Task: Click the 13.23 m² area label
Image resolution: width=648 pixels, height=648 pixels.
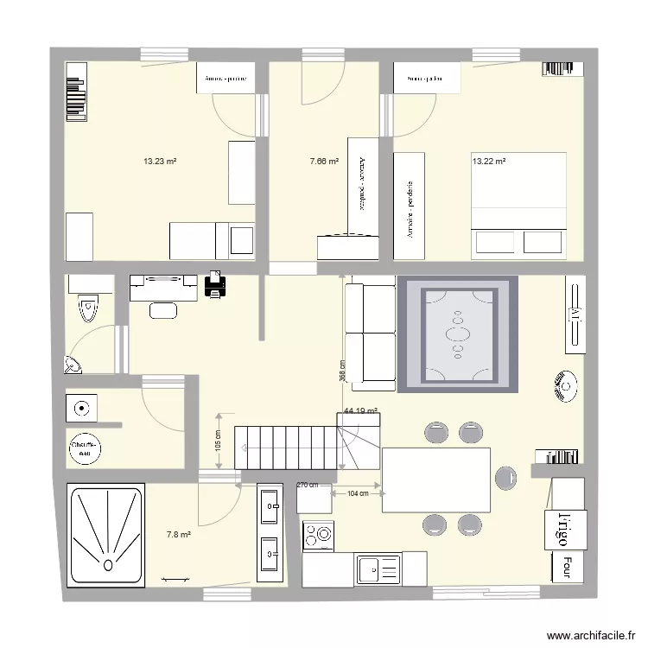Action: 160,161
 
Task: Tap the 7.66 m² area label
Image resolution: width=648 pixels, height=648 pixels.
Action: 323,161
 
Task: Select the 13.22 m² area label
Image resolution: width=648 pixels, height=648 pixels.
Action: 488,161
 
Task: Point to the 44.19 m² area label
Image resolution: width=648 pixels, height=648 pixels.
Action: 360,411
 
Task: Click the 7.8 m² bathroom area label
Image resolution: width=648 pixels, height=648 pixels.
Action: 179,536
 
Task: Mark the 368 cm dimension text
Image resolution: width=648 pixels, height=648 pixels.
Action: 342,371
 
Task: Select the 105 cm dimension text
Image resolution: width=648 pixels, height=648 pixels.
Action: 217,440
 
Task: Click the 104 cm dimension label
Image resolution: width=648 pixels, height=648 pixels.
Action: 358,493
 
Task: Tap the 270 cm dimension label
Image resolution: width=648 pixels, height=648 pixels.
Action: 307,486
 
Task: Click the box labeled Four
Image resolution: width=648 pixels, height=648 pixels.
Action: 566,567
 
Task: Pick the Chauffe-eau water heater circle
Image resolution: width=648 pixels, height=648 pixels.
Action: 85,447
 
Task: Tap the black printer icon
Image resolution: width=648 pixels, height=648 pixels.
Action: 215,284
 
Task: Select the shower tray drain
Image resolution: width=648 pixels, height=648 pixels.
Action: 107,566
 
